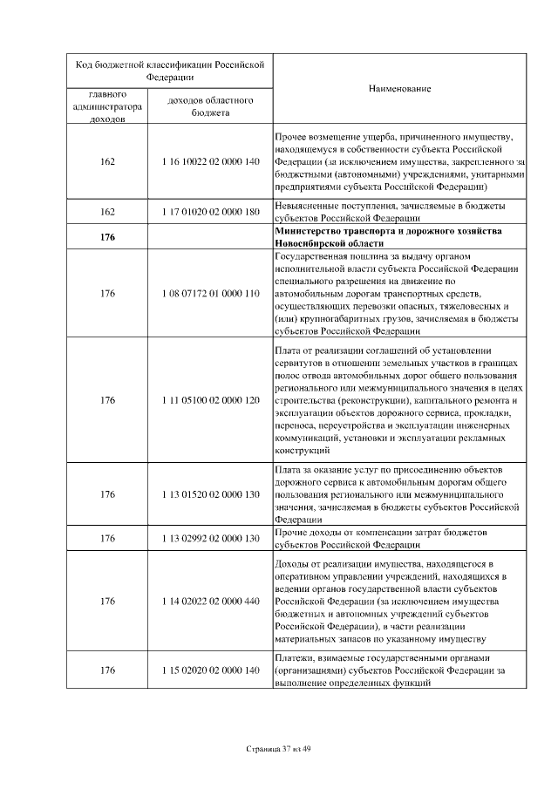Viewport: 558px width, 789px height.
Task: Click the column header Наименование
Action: [400, 89]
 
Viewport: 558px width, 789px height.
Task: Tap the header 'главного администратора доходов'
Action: [108, 106]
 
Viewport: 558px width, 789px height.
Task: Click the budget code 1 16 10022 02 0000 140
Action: [212, 162]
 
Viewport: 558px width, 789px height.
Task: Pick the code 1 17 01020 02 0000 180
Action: [212, 212]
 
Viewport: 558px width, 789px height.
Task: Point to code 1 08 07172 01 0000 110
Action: [212, 293]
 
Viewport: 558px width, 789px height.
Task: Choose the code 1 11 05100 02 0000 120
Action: [212, 400]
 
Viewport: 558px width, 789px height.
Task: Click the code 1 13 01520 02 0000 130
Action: [212, 494]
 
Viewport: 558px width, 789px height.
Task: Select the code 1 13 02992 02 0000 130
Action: [212, 539]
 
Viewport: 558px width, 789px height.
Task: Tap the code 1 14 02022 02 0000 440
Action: [212, 601]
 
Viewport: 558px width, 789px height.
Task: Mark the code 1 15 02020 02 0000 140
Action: [212, 670]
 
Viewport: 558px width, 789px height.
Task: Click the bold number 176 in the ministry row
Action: [108, 237]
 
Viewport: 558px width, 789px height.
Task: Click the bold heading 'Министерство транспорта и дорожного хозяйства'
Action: [376, 231]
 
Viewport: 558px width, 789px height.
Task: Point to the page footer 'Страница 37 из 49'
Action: [279, 749]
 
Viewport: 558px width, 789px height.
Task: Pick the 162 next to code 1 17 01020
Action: [108, 212]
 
